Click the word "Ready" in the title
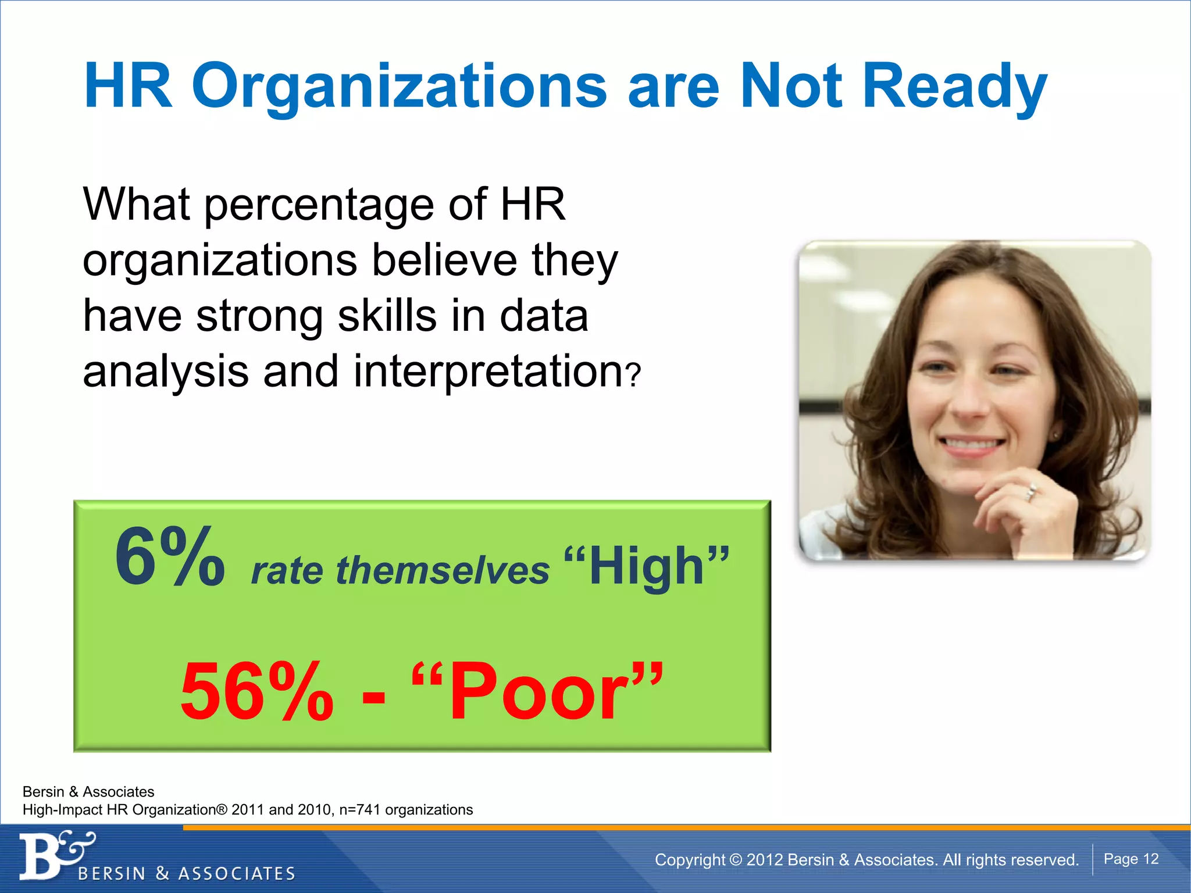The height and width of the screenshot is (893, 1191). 954,87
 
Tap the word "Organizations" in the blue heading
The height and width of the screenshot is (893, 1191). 399,87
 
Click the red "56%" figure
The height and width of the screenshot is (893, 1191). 257,692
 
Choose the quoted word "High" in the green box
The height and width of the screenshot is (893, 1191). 647,566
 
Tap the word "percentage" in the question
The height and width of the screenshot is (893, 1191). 319,205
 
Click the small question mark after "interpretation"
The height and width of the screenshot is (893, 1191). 634,375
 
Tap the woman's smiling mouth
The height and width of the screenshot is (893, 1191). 972,445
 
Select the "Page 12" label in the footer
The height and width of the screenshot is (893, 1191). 1131,859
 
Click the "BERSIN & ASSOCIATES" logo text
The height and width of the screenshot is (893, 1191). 186,874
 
